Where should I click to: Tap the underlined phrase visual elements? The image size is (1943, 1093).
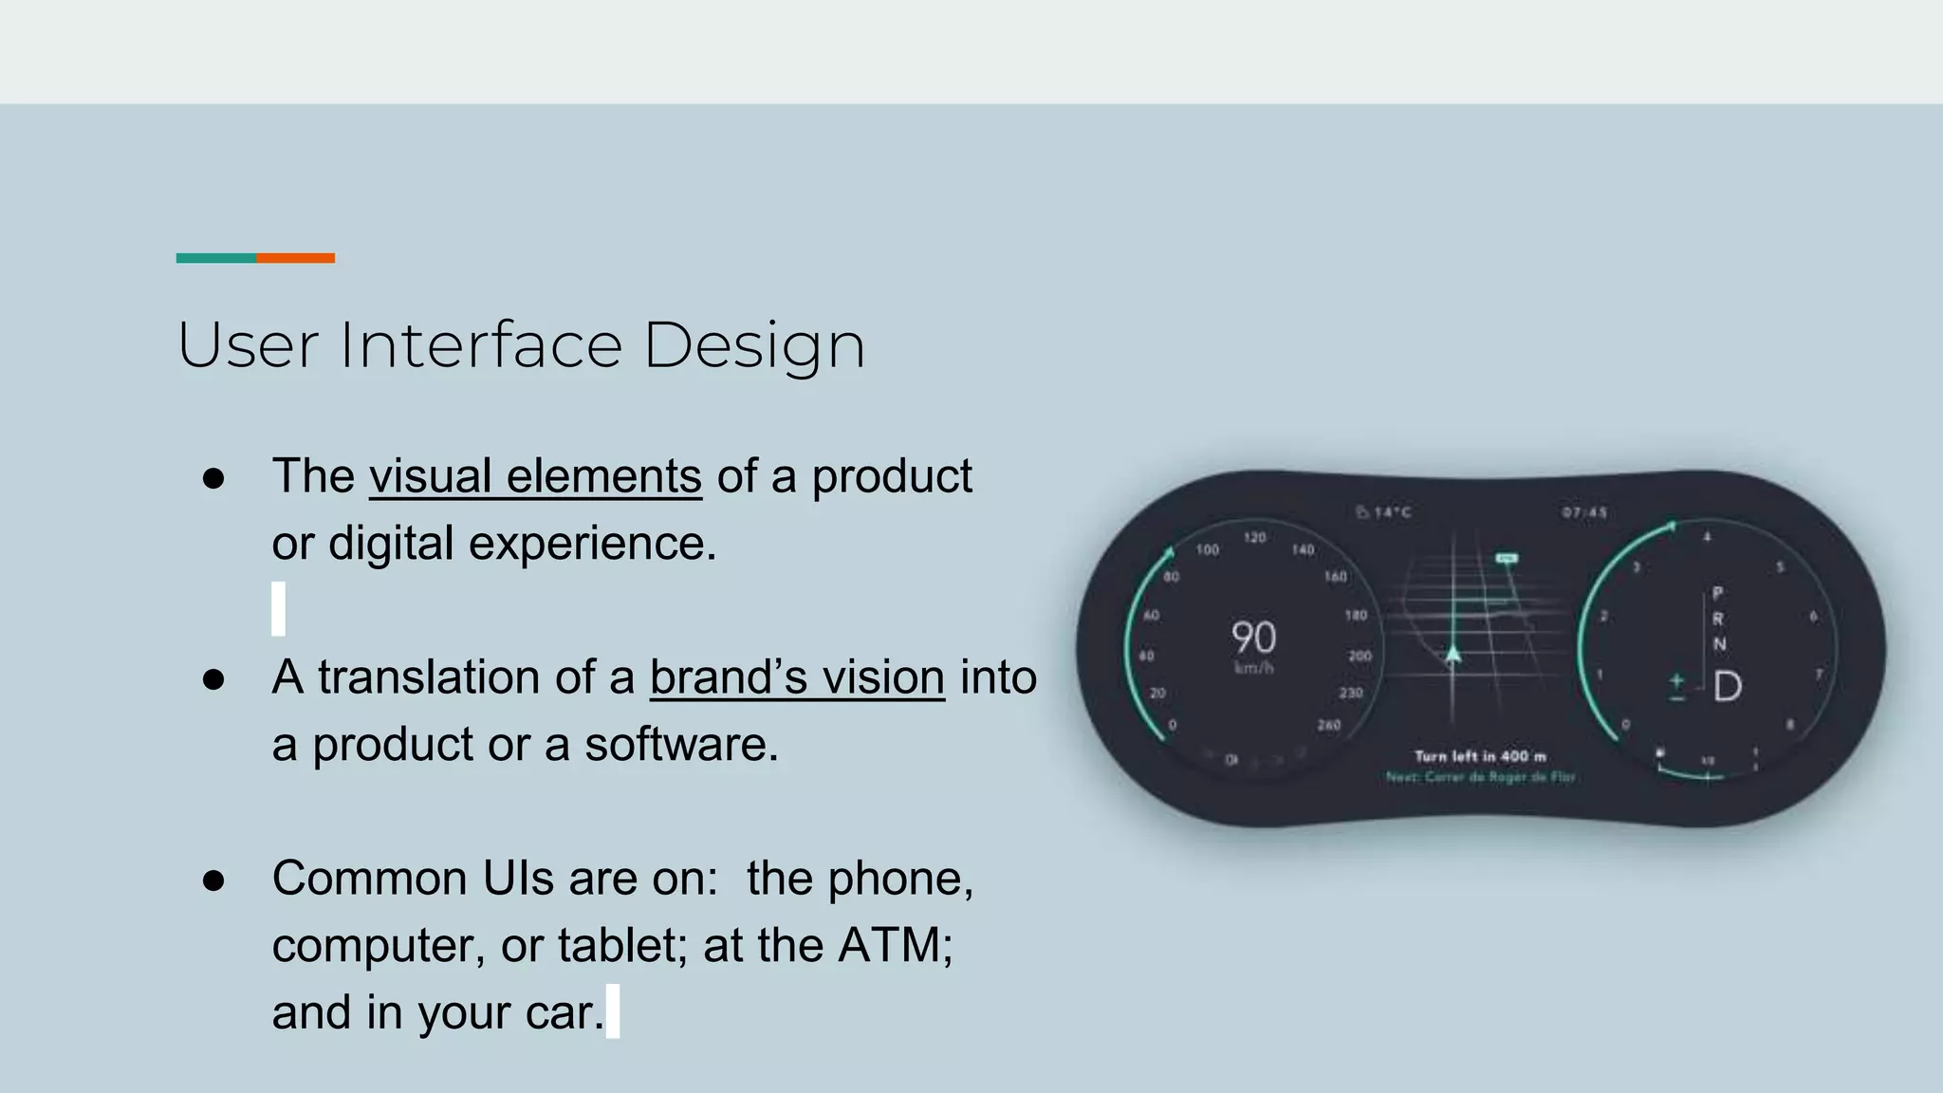(535, 476)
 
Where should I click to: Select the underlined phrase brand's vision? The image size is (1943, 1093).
(797, 677)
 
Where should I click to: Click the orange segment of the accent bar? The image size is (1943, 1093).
(295, 258)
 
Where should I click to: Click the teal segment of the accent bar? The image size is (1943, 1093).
(216, 258)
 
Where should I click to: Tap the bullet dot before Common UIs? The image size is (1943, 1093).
(213, 880)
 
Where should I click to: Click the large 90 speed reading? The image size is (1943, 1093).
(1253, 638)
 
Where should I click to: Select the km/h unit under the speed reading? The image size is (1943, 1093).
(1253, 669)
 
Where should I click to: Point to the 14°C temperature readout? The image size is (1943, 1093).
(1384, 512)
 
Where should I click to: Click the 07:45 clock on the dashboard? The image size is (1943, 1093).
(1584, 512)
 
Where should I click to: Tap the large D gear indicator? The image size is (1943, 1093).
(1728, 686)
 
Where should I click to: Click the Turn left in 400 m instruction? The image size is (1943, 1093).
(1480, 756)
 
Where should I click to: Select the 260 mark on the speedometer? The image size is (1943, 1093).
(1328, 725)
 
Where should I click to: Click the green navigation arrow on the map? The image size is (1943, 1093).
(1453, 654)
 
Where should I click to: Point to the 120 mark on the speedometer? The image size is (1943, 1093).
(1254, 538)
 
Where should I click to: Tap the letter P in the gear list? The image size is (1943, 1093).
(1717, 593)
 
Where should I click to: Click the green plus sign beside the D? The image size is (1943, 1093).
(1676, 680)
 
